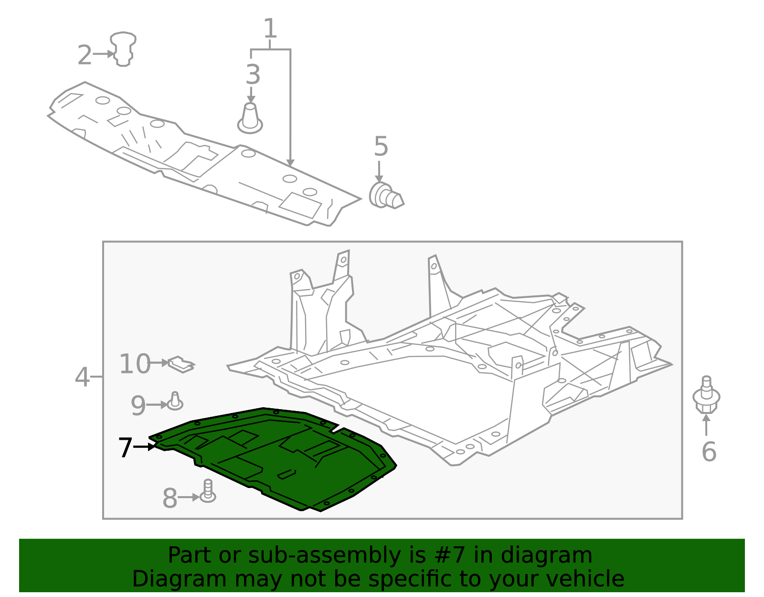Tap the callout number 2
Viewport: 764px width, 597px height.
tap(85, 55)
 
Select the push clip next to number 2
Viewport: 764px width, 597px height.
tap(123, 49)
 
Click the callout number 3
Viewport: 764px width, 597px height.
tap(253, 75)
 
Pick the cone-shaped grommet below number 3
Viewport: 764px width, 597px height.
tap(250, 119)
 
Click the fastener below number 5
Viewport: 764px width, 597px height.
tap(386, 196)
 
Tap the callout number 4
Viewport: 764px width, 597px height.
tap(82, 377)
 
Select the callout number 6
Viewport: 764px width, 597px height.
tap(709, 452)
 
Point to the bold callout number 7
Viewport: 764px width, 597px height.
tap(125, 448)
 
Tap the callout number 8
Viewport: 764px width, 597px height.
tap(170, 499)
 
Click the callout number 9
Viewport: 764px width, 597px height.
tap(138, 406)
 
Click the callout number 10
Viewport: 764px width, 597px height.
tap(134, 364)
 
